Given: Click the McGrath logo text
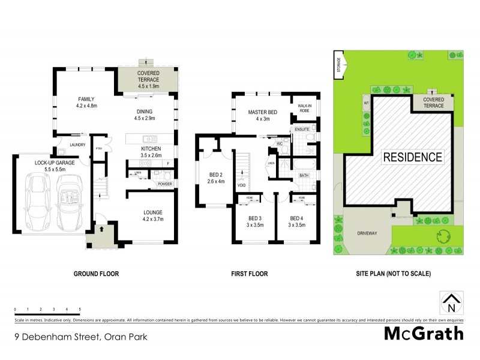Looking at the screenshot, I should pos(424,334).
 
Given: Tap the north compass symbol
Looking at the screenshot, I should pos(452,303).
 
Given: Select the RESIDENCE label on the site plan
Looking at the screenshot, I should pos(413,158).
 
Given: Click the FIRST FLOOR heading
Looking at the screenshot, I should pos(250,274).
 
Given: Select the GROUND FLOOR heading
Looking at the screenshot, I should pos(96,274).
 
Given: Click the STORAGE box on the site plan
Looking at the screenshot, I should pos(339,64).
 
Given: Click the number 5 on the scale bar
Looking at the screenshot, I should pos(80,309).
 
